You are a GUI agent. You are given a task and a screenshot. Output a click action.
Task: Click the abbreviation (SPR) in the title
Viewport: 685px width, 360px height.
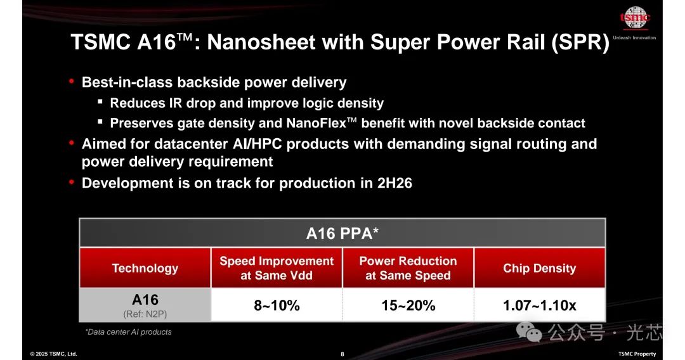tap(580, 42)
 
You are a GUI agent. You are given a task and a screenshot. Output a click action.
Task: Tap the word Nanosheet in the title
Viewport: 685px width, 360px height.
tap(261, 42)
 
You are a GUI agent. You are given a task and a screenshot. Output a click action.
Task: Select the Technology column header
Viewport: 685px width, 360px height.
tap(145, 268)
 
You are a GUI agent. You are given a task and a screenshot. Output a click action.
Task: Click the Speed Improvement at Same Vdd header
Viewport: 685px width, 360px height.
tap(277, 268)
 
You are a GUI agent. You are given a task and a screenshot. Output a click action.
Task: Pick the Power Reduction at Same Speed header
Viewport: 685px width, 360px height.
tap(408, 268)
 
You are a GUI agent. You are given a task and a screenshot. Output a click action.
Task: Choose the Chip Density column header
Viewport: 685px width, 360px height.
tap(540, 268)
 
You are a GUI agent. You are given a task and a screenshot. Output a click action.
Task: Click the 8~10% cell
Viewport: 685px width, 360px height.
tap(277, 305)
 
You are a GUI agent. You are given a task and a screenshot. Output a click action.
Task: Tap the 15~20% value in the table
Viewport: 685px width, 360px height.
tap(408, 305)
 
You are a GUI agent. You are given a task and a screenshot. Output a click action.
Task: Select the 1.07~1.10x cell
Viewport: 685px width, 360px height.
tap(540, 305)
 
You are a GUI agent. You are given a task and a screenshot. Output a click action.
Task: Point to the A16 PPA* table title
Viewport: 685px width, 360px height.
tap(342, 233)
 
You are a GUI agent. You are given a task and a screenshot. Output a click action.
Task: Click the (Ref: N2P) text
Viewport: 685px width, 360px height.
tap(145, 314)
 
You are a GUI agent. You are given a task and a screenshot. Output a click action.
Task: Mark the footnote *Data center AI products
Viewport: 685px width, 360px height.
tap(128, 332)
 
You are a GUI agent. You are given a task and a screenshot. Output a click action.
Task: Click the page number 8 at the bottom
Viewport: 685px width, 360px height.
tap(342, 354)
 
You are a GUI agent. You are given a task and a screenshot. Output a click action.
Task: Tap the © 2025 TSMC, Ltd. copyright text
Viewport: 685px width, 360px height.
tap(53, 354)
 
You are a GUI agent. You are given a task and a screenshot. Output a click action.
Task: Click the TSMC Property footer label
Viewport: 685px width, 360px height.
tap(637, 354)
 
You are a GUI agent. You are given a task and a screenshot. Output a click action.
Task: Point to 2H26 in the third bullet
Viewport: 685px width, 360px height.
tap(395, 183)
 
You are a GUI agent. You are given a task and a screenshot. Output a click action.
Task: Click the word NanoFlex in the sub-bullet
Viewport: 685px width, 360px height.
tap(316, 123)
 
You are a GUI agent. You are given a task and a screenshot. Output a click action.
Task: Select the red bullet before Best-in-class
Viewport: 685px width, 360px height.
tap(72, 81)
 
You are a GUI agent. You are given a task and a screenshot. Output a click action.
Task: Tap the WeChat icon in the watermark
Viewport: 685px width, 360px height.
tap(528, 331)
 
